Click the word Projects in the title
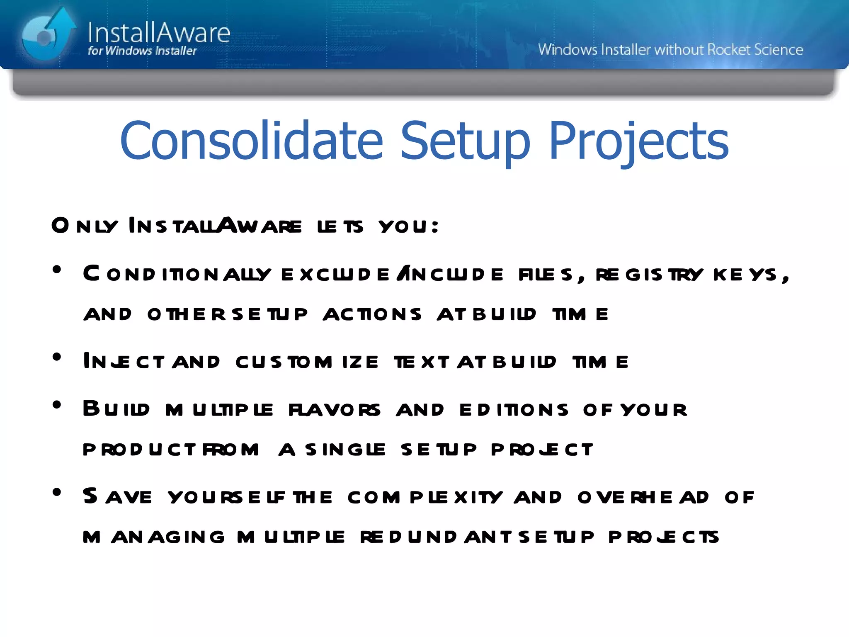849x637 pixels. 638,141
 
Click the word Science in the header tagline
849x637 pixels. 779,50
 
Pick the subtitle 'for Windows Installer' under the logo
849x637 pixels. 142,51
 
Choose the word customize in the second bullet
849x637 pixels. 307,362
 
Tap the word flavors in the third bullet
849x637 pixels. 334,410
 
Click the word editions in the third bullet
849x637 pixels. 514,410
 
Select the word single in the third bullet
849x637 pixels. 345,450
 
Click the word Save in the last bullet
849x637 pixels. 117,496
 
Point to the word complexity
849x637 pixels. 425,497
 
